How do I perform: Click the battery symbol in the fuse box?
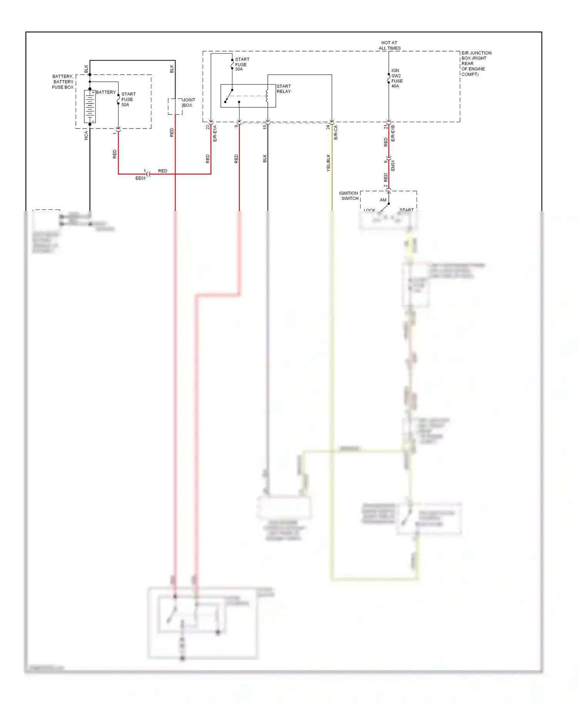pos(90,107)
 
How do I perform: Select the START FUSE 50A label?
pos(128,99)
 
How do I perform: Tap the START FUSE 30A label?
pos(242,64)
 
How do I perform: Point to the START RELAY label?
pos(284,89)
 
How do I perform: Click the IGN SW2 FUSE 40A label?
pos(397,78)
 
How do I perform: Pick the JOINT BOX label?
pos(188,102)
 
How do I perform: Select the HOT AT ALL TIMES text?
pos(389,45)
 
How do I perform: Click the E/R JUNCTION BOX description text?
pos(476,64)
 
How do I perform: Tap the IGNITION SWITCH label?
pos(349,196)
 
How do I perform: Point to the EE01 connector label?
pos(141,178)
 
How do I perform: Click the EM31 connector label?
pos(393,166)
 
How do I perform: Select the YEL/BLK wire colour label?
pos(328,163)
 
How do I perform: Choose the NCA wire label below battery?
pos(86,135)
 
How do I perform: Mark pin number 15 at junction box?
pos(265,127)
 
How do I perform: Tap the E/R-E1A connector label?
pos(215,133)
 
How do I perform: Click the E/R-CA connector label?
pos(336,132)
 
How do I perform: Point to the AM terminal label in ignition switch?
pos(383,200)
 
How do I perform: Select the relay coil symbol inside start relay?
pos(267,96)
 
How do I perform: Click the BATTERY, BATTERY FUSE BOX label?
pos(63,82)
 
